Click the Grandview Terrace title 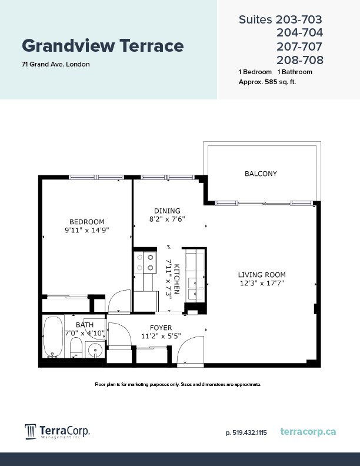click(102, 45)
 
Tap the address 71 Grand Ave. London click(56, 64)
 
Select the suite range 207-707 click(299, 46)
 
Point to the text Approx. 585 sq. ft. click(267, 82)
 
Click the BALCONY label click(261, 174)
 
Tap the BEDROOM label click(86, 222)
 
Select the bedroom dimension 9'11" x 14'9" click(86, 230)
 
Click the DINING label click(167, 211)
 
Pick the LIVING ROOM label click(262, 275)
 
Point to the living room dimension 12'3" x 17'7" click(262, 283)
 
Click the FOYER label click(161, 328)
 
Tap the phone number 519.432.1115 click(246, 432)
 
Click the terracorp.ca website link click(308, 432)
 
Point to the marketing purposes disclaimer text click(178, 384)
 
